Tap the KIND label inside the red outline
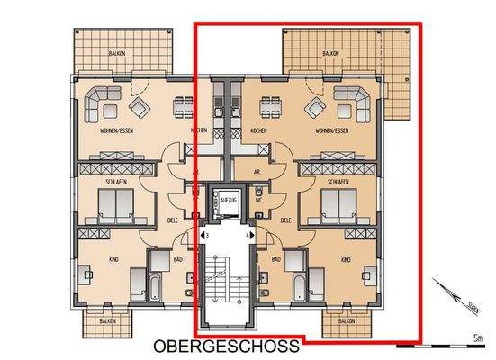tap(345, 259)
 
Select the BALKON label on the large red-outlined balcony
tap(327, 54)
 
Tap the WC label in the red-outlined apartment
tap(258, 201)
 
